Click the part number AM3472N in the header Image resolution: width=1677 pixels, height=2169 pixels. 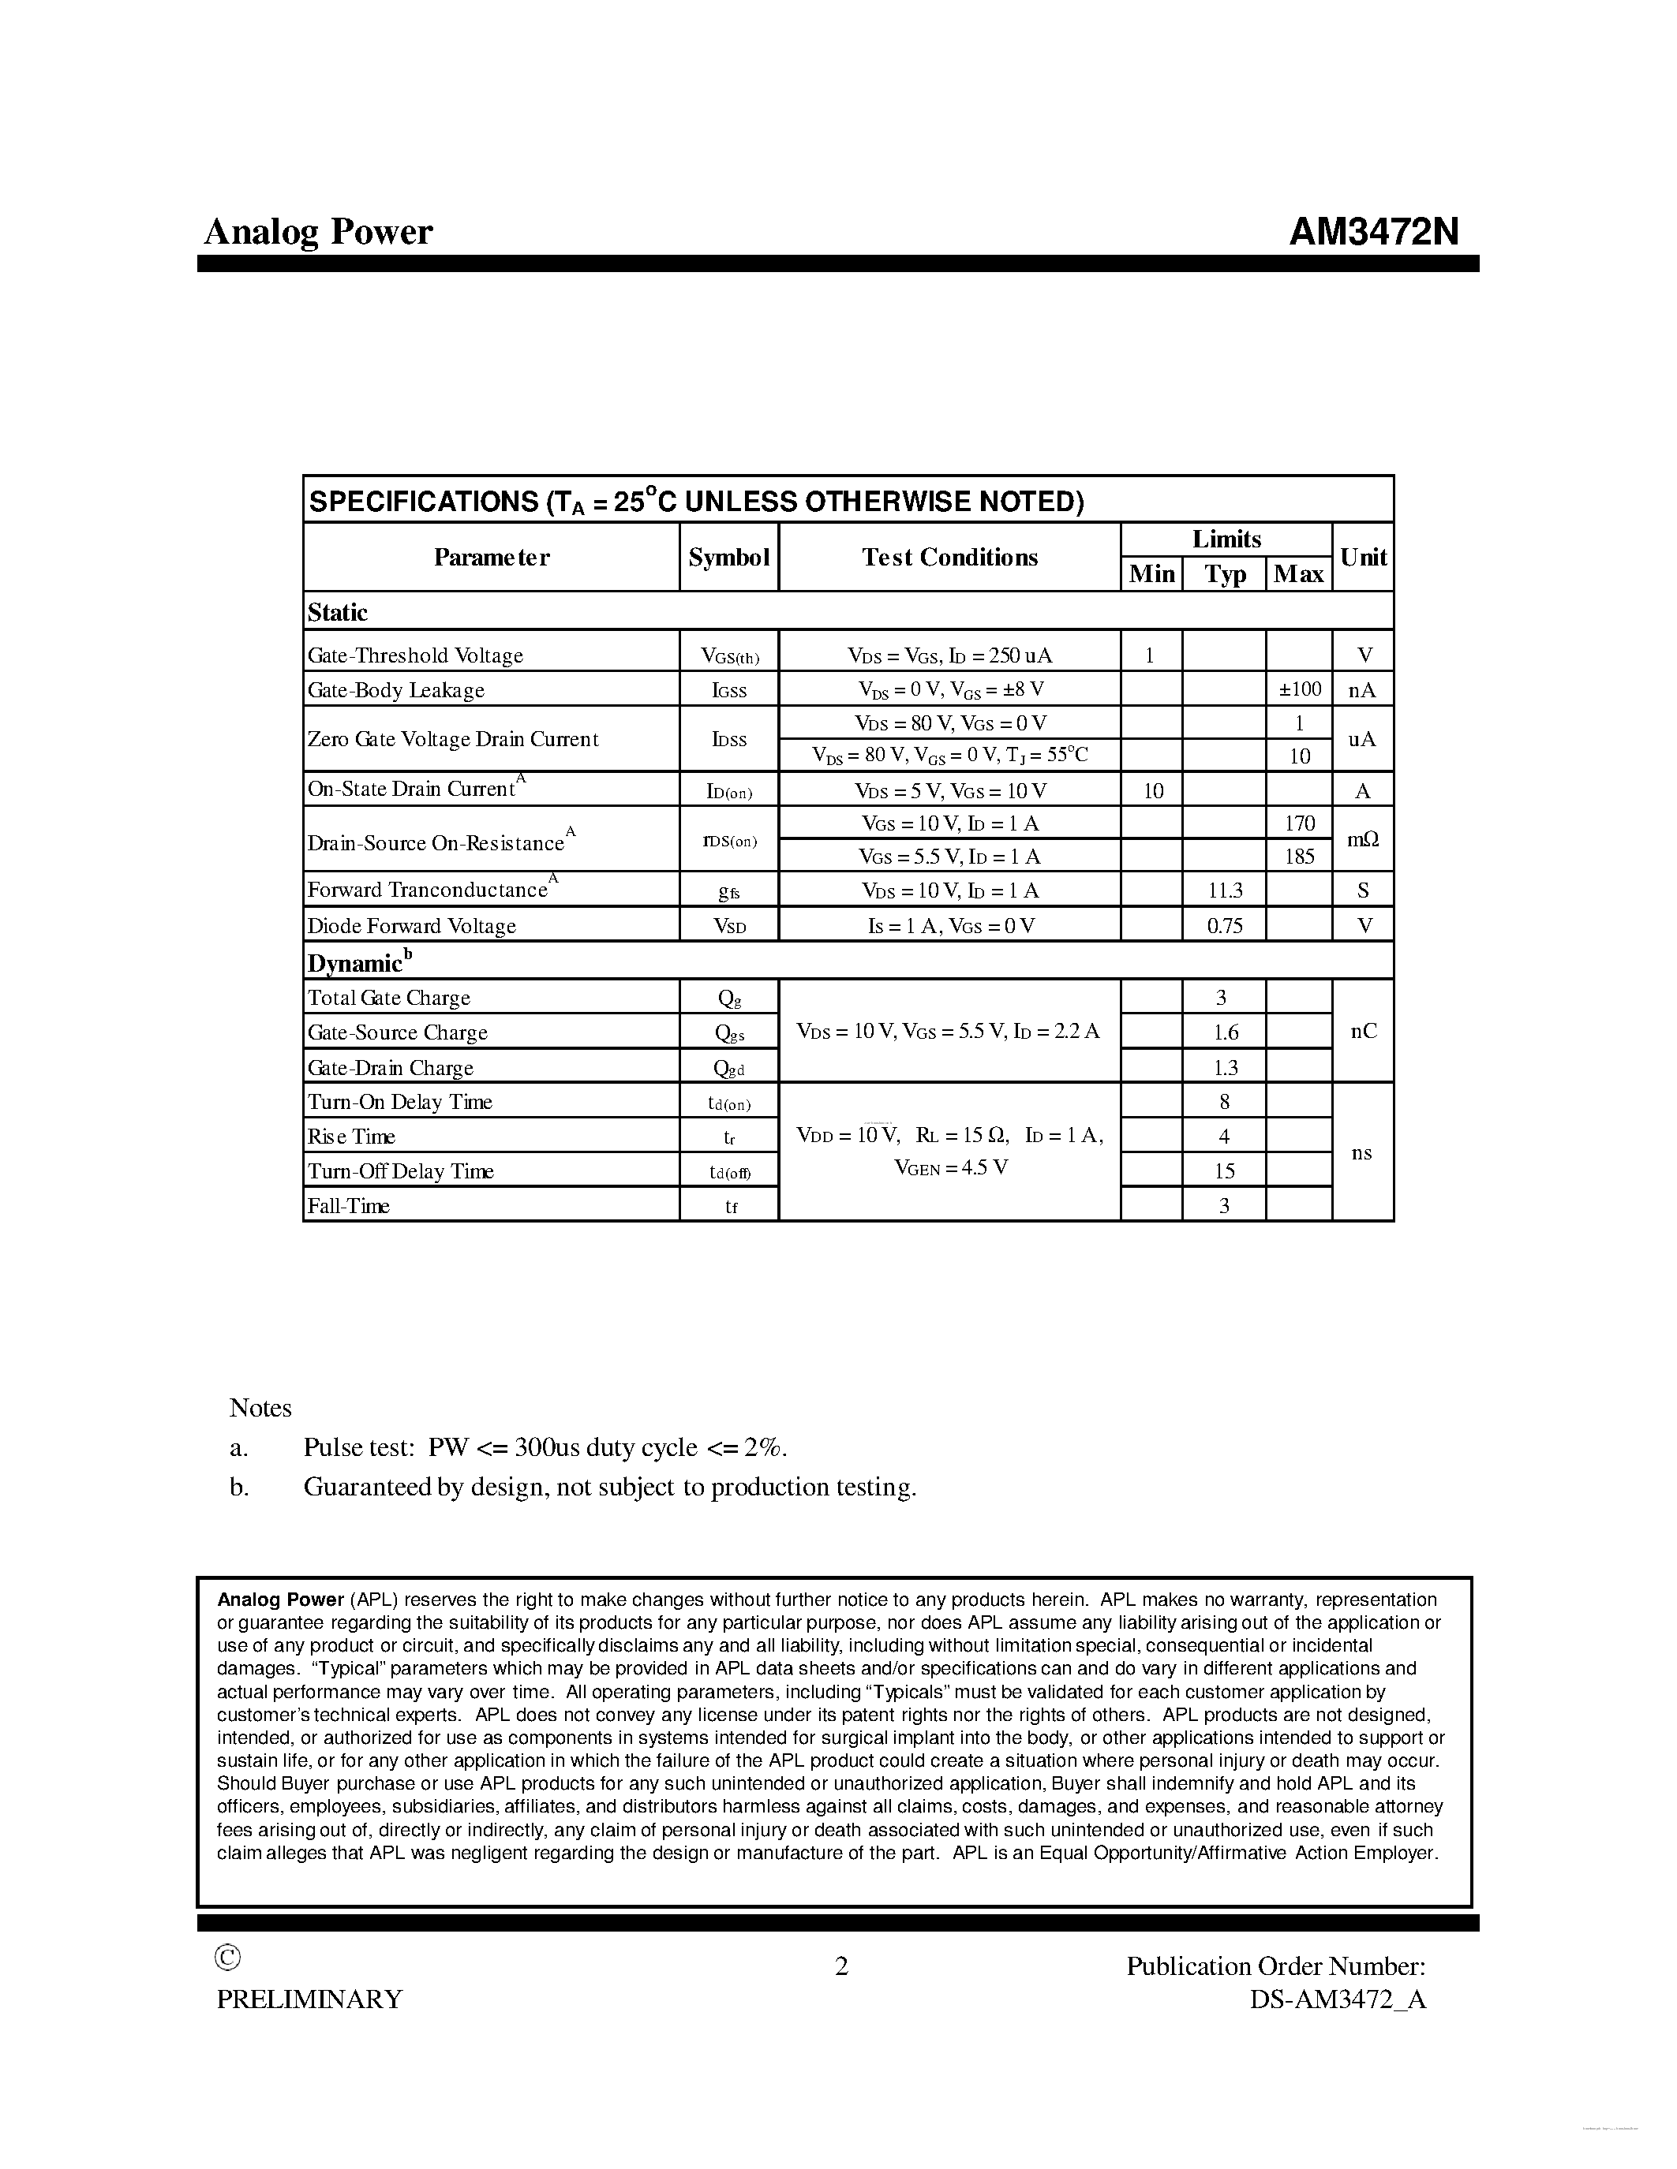[1374, 233]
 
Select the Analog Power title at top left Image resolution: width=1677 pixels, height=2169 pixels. [318, 233]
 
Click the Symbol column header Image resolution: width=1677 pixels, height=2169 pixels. [728, 557]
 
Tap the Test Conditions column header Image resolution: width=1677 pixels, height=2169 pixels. [949, 557]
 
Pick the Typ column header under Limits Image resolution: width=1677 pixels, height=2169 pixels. [1225, 574]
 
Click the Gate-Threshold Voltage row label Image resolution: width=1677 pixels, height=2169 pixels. [415, 655]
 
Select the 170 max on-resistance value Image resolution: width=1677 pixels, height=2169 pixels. [1300, 823]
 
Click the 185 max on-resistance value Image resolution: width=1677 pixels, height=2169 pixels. [1300, 856]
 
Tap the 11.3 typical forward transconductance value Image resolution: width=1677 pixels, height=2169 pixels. [1225, 890]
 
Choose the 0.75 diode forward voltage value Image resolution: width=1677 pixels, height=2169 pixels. [1225, 926]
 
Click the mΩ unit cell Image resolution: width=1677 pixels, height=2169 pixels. [1363, 840]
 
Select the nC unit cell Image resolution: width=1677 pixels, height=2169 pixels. [1364, 1032]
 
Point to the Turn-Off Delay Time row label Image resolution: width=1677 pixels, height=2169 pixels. [400, 1172]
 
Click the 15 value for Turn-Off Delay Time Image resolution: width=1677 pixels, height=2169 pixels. [1225, 1172]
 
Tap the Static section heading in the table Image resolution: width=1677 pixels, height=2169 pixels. [338, 613]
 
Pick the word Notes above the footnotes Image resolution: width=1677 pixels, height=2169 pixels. [260, 1408]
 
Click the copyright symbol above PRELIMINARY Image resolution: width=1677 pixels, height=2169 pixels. [227, 1958]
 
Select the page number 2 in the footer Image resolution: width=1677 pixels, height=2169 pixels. [841, 1966]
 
